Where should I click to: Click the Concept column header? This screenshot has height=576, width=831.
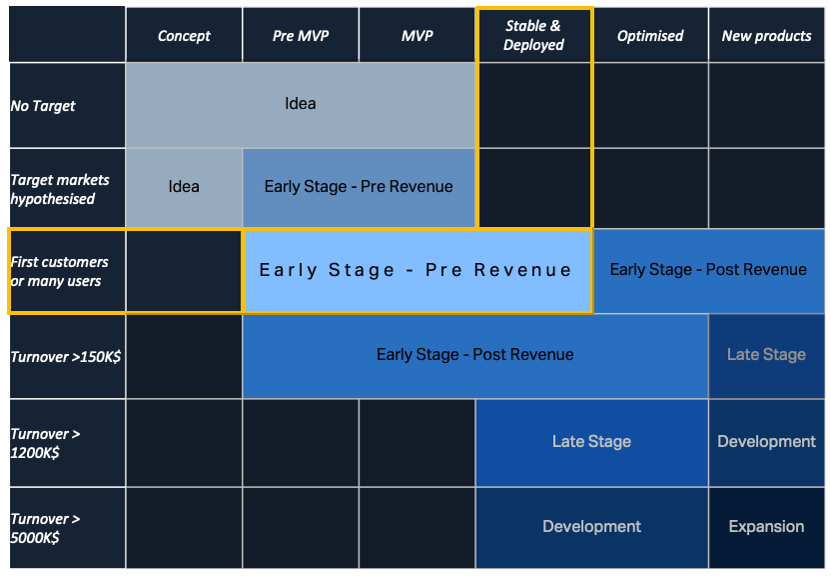[184, 36]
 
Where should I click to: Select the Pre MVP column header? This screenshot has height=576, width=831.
[301, 36]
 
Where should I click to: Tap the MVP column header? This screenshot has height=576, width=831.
[417, 36]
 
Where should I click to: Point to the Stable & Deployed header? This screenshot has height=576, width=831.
[534, 36]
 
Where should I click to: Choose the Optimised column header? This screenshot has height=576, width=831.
[650, 36]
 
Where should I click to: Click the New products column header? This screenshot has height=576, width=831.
[767, 36]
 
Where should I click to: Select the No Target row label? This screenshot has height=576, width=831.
[44, 106]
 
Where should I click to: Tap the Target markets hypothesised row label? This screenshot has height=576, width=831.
[60, 189]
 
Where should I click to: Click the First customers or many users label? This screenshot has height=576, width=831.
[60, 271]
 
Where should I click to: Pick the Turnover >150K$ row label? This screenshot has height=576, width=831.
[66, 357]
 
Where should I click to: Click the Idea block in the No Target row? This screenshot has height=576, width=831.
[301, 104]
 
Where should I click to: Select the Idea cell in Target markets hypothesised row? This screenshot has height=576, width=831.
[184, 187]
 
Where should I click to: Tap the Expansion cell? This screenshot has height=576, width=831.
[767, 527]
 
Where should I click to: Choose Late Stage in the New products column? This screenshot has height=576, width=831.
[767, 355]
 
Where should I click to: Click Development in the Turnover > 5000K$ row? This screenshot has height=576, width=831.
[592, 527]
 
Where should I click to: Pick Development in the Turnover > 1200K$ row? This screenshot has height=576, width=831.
[767, 442]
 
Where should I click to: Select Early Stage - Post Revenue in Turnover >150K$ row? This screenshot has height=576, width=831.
[475, 355]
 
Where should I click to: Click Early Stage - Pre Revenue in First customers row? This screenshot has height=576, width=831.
[416, 271]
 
